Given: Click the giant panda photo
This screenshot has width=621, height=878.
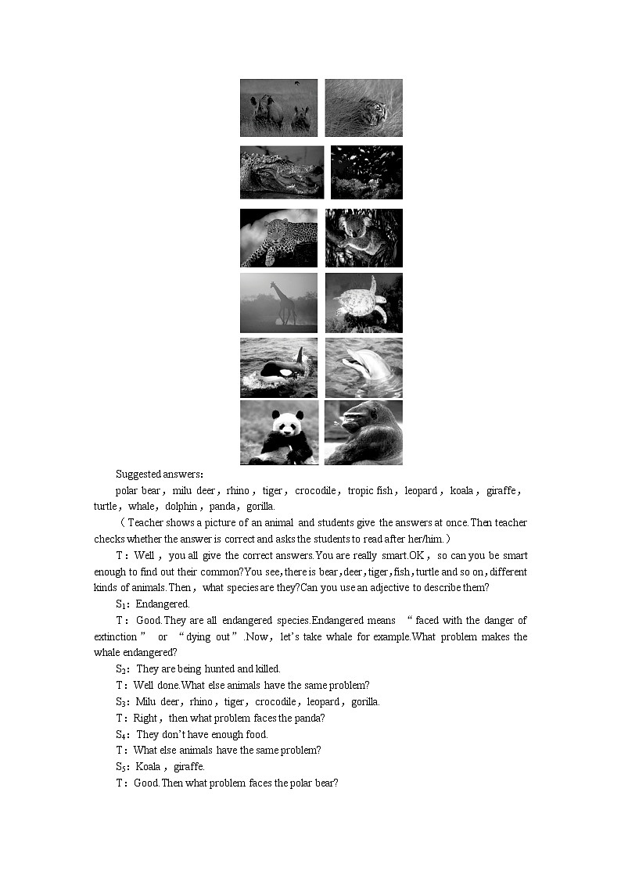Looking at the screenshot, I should pos(279,432).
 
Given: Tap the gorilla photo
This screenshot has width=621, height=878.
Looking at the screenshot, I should pos(364,432).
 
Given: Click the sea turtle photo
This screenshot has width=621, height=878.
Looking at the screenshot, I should pos(364,303).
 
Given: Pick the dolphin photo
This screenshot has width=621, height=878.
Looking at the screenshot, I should pos(364,367).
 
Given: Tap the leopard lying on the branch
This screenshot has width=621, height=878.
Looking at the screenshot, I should pos(279,238).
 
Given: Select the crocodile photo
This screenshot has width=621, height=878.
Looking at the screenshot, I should pos(282,172).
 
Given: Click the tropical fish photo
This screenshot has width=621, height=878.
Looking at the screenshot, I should pos(366,172).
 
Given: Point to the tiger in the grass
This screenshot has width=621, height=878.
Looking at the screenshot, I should pos(371,111).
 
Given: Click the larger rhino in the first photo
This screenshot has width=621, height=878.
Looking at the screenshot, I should pos(266,111).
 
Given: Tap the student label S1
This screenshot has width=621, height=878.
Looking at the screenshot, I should pos(121,604).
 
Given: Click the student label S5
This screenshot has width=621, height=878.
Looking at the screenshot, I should pos(121,766).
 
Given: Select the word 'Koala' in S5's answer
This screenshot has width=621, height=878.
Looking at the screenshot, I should pos(148,766).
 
